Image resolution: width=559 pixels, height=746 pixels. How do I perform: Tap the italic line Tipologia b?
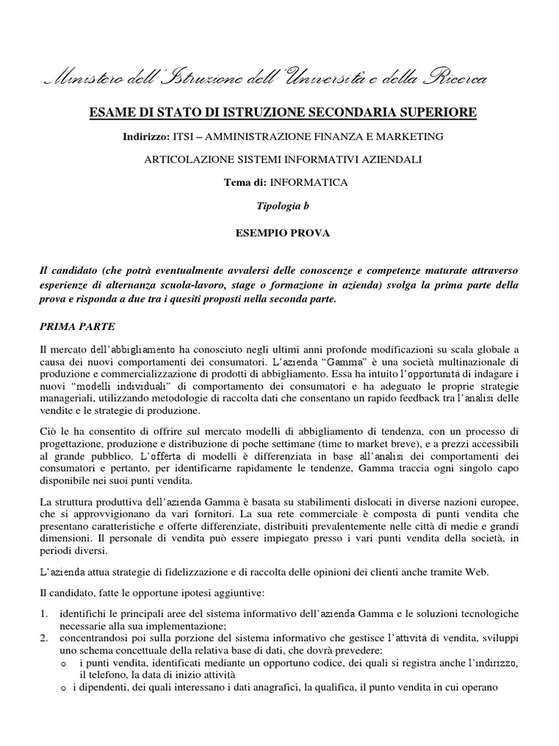pos(282,206)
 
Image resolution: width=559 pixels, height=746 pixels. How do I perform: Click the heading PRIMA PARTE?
pos(78,327)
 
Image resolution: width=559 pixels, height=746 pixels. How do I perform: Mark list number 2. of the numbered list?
pos(44,638)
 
